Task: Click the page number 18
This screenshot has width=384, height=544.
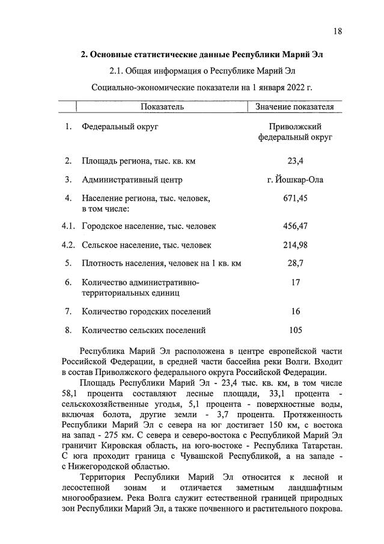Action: [x=338, y=31]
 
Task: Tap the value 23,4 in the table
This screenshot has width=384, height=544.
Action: [x=294, y=161]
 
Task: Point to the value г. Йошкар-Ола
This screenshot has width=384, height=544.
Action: [x=294, y=179]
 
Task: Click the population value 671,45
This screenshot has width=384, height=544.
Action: [x=294, y=198]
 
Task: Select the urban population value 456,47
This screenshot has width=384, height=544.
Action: [x=294, y=227]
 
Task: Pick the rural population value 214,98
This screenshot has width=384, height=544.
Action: [x=294, y=245]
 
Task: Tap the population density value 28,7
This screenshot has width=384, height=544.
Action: [x=294, y=263]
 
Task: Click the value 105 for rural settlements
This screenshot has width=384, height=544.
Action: [x=294, y=329]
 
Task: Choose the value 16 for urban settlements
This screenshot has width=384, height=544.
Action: [x=294, y=311]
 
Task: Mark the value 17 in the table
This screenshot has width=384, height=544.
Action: [x=294, y=282]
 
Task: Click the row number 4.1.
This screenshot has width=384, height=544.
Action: [x=68, y=227]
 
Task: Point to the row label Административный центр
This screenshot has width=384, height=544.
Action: [x=132, y=180]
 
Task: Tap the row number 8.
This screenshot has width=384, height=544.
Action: [x=69, y=330]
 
